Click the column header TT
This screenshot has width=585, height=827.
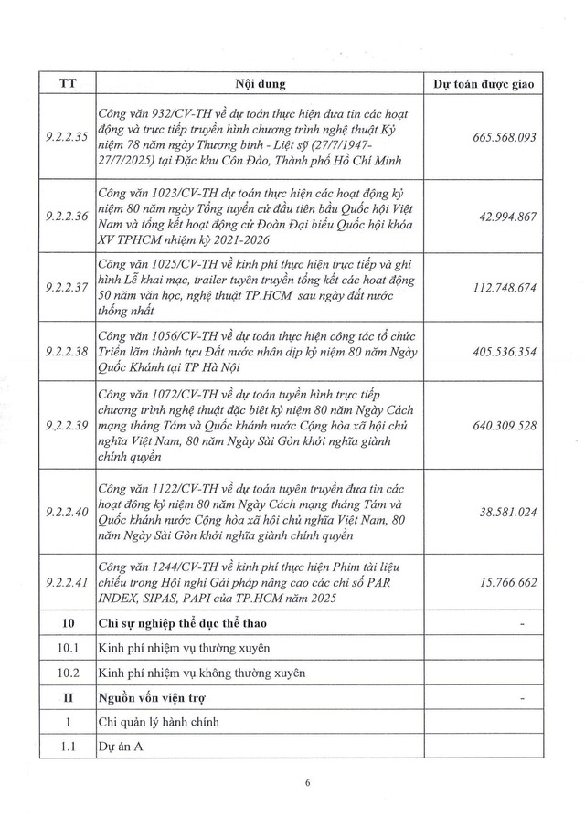pos(67,84)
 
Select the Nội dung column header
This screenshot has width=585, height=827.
pos(260,84)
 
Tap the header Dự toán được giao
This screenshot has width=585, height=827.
pos(485,84)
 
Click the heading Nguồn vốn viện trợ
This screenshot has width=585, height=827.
pos(149,699)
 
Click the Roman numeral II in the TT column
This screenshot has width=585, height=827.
pos(67,699)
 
